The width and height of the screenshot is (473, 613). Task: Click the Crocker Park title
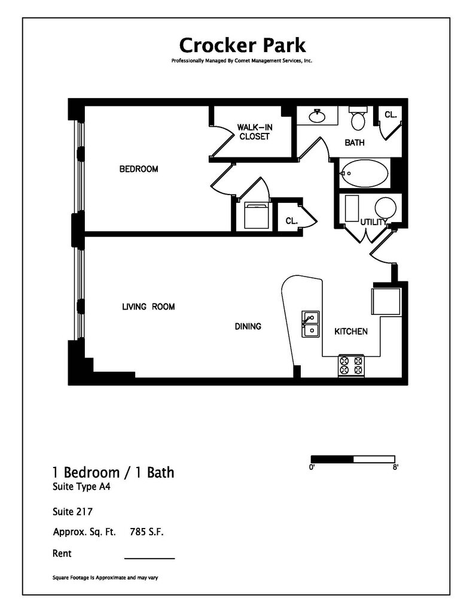pos(242,45)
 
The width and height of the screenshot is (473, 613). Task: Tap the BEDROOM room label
pos(139,169)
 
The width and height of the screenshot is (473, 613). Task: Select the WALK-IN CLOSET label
pos(254,132)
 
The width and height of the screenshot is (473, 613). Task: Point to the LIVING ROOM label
pos(148,307)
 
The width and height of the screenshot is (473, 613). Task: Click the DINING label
pos(248,327)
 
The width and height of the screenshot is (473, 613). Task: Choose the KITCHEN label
pos(350,332)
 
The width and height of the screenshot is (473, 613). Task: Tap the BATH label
pos(355,143)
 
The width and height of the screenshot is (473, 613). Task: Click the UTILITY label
pos(374,223)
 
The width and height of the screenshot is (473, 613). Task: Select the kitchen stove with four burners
pos(352,366)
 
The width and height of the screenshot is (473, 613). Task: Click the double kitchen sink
pos(310,323)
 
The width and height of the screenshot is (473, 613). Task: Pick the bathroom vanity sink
pos(317,116)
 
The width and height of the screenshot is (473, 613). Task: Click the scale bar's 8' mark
pos(395,468)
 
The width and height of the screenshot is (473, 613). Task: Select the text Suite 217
pos(72,512)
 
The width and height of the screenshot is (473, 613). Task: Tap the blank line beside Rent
pos(149,557)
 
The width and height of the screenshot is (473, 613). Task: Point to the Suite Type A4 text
pos(81,487)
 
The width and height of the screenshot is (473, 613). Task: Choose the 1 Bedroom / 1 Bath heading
pos(114,472)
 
